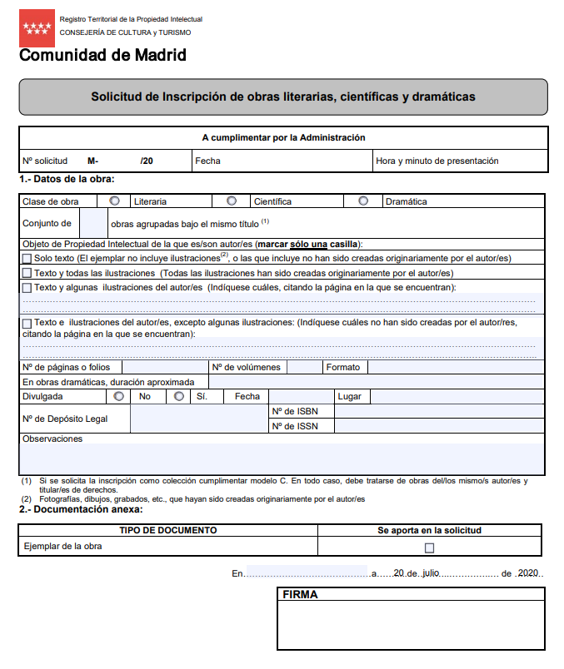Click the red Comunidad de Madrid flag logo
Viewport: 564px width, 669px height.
(x=37, y=28)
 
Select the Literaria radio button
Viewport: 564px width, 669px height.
(x=114, y=201)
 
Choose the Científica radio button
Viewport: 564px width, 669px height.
(x=232, y=201)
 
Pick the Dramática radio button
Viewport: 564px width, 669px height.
(x=363, y=201)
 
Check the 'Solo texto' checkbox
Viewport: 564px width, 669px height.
(x=27, y=259)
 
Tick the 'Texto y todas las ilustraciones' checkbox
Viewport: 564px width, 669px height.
(x=27, y=273)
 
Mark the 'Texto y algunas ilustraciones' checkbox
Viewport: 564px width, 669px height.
(x=27, y=287)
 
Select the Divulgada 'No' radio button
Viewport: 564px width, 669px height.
(x=119, y=396)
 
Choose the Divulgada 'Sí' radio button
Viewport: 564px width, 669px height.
(x=179, y=396)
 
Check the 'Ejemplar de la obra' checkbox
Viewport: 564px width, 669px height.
(x=430, y=548)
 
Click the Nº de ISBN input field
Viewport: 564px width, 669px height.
(x=438, y=411)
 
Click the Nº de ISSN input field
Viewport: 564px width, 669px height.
(x=438, y=426)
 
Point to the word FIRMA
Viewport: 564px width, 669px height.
(x=300, y=595)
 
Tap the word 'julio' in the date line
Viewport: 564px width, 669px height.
(x=430, y=573)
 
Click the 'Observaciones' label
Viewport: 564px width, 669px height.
(x=52, y=439)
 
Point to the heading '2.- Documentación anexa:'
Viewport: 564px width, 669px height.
(x=81, y=509)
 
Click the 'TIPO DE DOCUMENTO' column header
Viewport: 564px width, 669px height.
(x=167, y=530)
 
